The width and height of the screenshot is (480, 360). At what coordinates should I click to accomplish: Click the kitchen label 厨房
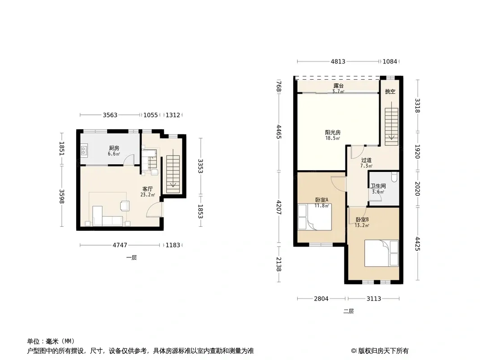pyautogui.click(x=114, y=148)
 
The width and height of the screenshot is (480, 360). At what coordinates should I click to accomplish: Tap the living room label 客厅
pyautogui.click(x=148, y=189)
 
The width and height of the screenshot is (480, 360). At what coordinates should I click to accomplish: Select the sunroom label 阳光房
pyautogui.click(x=333, y=132)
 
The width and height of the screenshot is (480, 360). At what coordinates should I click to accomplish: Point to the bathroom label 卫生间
pyautogui.click(x=378, y=186)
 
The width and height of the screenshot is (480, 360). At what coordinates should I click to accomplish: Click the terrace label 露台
pyautogui.click(x=338, y=86)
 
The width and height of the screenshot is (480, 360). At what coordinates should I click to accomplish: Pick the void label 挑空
pyautogui.click(x=390, y=91)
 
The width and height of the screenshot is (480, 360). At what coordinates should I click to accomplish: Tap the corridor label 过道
pyautogui.click(x=366, y=160)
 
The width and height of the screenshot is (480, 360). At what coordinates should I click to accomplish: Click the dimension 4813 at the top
pyautogui.click(x=338, y=62)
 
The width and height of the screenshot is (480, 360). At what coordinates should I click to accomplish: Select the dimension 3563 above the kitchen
pyautogui.click(x=110, y=115)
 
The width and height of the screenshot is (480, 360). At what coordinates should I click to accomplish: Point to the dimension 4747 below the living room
pyautogui.click(x=120, y=245)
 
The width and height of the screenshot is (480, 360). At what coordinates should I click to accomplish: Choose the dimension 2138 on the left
pyautogui.click(x=279, y=264)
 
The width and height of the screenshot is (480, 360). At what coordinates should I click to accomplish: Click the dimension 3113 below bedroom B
pyautogui.click(x=374, y=298)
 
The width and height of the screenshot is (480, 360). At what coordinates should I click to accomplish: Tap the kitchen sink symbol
pyautogui.click(x=84, y=150)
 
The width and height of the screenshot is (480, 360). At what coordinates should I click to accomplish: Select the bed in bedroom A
pyautogui.click(x=315, y=217)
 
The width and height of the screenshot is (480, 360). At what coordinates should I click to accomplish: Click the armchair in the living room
pyautogui.click(x=125, y=206)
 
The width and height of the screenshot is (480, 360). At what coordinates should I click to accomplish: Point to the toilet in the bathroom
pyautogui.click(x=394, y=177)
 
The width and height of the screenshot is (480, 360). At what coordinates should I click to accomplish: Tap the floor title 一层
pyautogui.click(x=131, y=257)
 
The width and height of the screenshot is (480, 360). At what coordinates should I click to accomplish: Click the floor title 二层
pyautogui.click(x=349, y=311)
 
